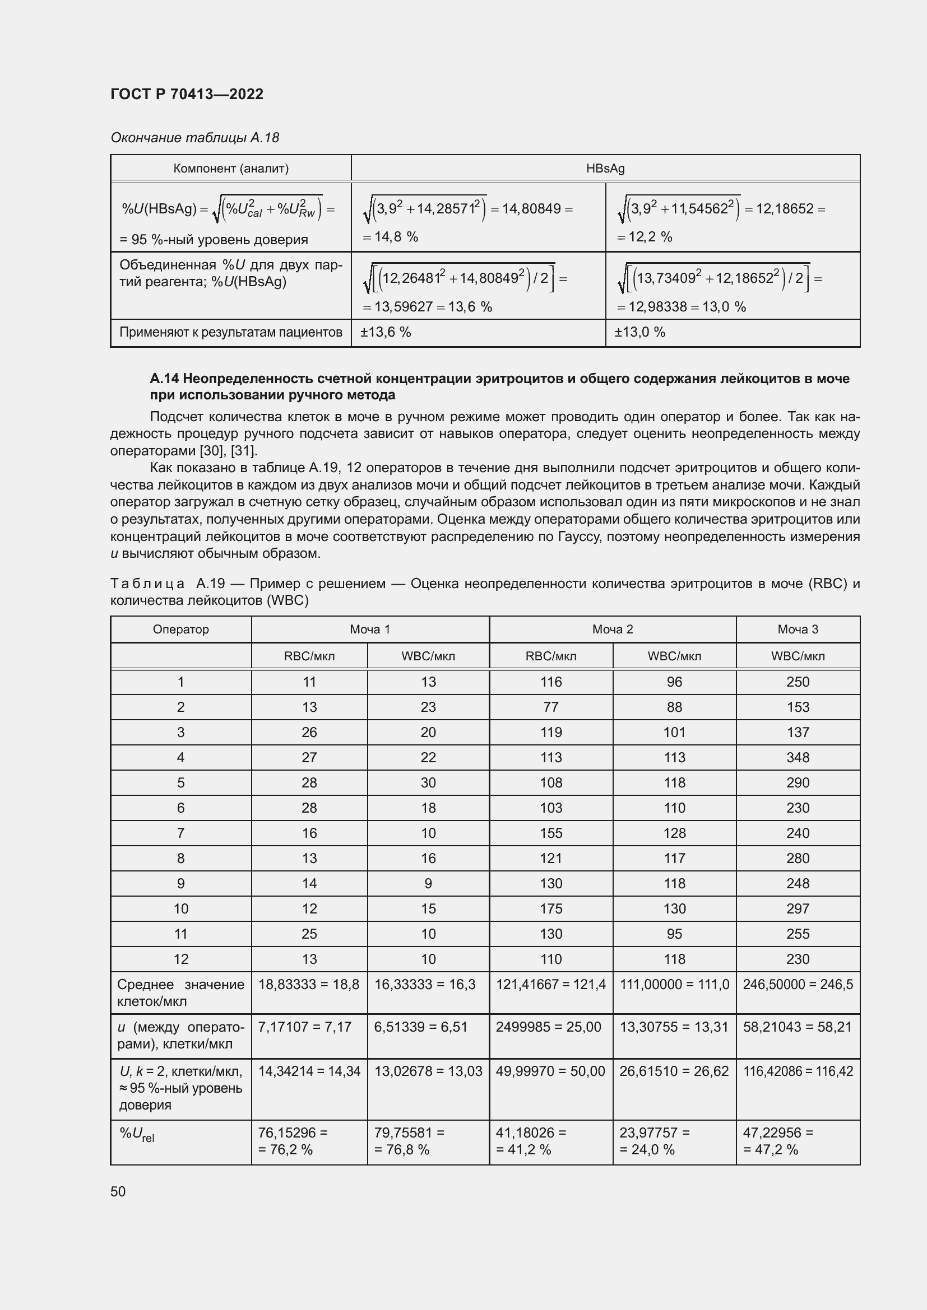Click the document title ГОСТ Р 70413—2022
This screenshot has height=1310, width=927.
(x=187, y=94)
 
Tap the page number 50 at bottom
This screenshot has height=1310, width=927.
(x=118, y=1192)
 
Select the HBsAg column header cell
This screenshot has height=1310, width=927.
(x=605, y=169)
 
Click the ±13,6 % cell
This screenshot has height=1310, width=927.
(x=385, y=332)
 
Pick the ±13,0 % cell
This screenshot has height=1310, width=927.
(x=639, y=332)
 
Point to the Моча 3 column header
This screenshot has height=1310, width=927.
(x=798, y=630)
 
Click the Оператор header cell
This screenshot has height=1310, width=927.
(x=181, y=630)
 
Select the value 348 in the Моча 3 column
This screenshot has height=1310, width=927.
(x=798, y=758)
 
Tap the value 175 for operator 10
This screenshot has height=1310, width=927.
(x=551, y=909)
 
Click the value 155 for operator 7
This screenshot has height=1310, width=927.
(x=551, y=833)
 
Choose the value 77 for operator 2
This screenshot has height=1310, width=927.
(x=551, y=707)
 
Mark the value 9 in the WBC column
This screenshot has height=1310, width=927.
(x=428, y=884)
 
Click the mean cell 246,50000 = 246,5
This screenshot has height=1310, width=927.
(x=798, y=985)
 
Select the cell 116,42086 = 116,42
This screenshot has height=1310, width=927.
(x=798, y=1071)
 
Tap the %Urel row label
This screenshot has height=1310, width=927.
(x=137, y=1134)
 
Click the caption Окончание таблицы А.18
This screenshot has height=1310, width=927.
(x=194, y=138)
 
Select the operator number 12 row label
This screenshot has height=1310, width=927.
(x=181, y=959)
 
